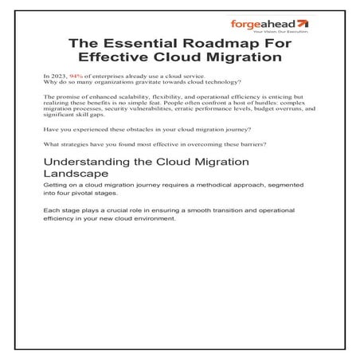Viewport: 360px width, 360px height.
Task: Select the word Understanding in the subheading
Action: [x=85, y=163]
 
